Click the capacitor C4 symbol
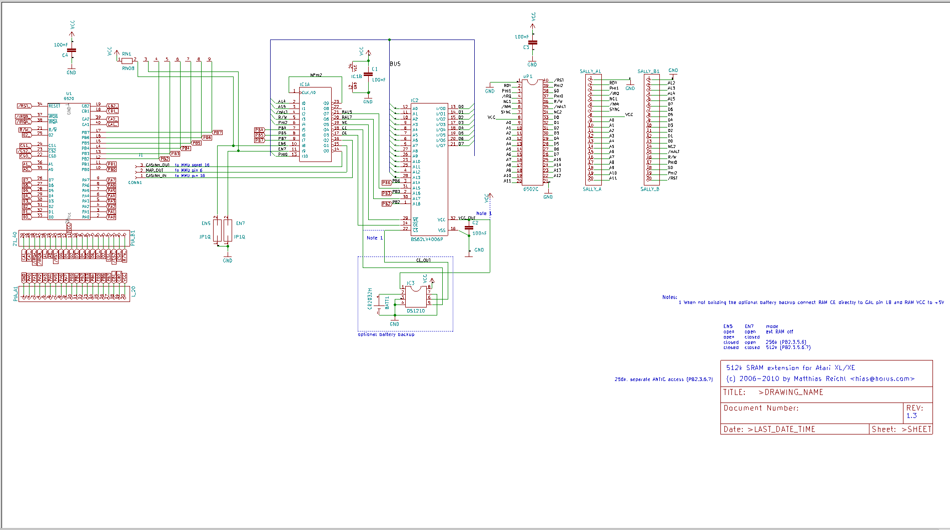pyautogui.click(x=72, y=50)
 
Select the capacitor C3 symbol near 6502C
pyautogui.click(x=533, y=43)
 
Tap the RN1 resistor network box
pyautogui.click(x=127, y=60)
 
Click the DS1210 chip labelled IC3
pyautogui.click(x=416, y=297)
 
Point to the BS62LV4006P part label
pyautogui.click(x=427, y=239)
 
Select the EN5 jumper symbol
pyautogui.click(x=217, y=230)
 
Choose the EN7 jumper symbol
pyautogui.click(x=228, y=230)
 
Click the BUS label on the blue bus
pyautogui.click(x=395, y=64)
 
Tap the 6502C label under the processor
pyautogui.click(x=531, y=189)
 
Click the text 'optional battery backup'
pyautogui.click(x=386, y=334)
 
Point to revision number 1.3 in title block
pyautogui.click(x=911, y=416)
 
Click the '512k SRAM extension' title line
pyautogui.click(x=790, y=368)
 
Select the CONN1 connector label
pyautogui.click(x=135, y=183)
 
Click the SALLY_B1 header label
pyautogui.click(x=648, y=71)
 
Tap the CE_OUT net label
pyautogui.click(x=423, y=260)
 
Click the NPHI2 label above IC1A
pyautogui.click(x=316, y=75)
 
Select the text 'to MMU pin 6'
pyautogui.click(x=189, y=170)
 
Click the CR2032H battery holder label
pyautogui.click(x=370, y=298)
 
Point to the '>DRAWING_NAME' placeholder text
pyautogui.click(x=791, y=392)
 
